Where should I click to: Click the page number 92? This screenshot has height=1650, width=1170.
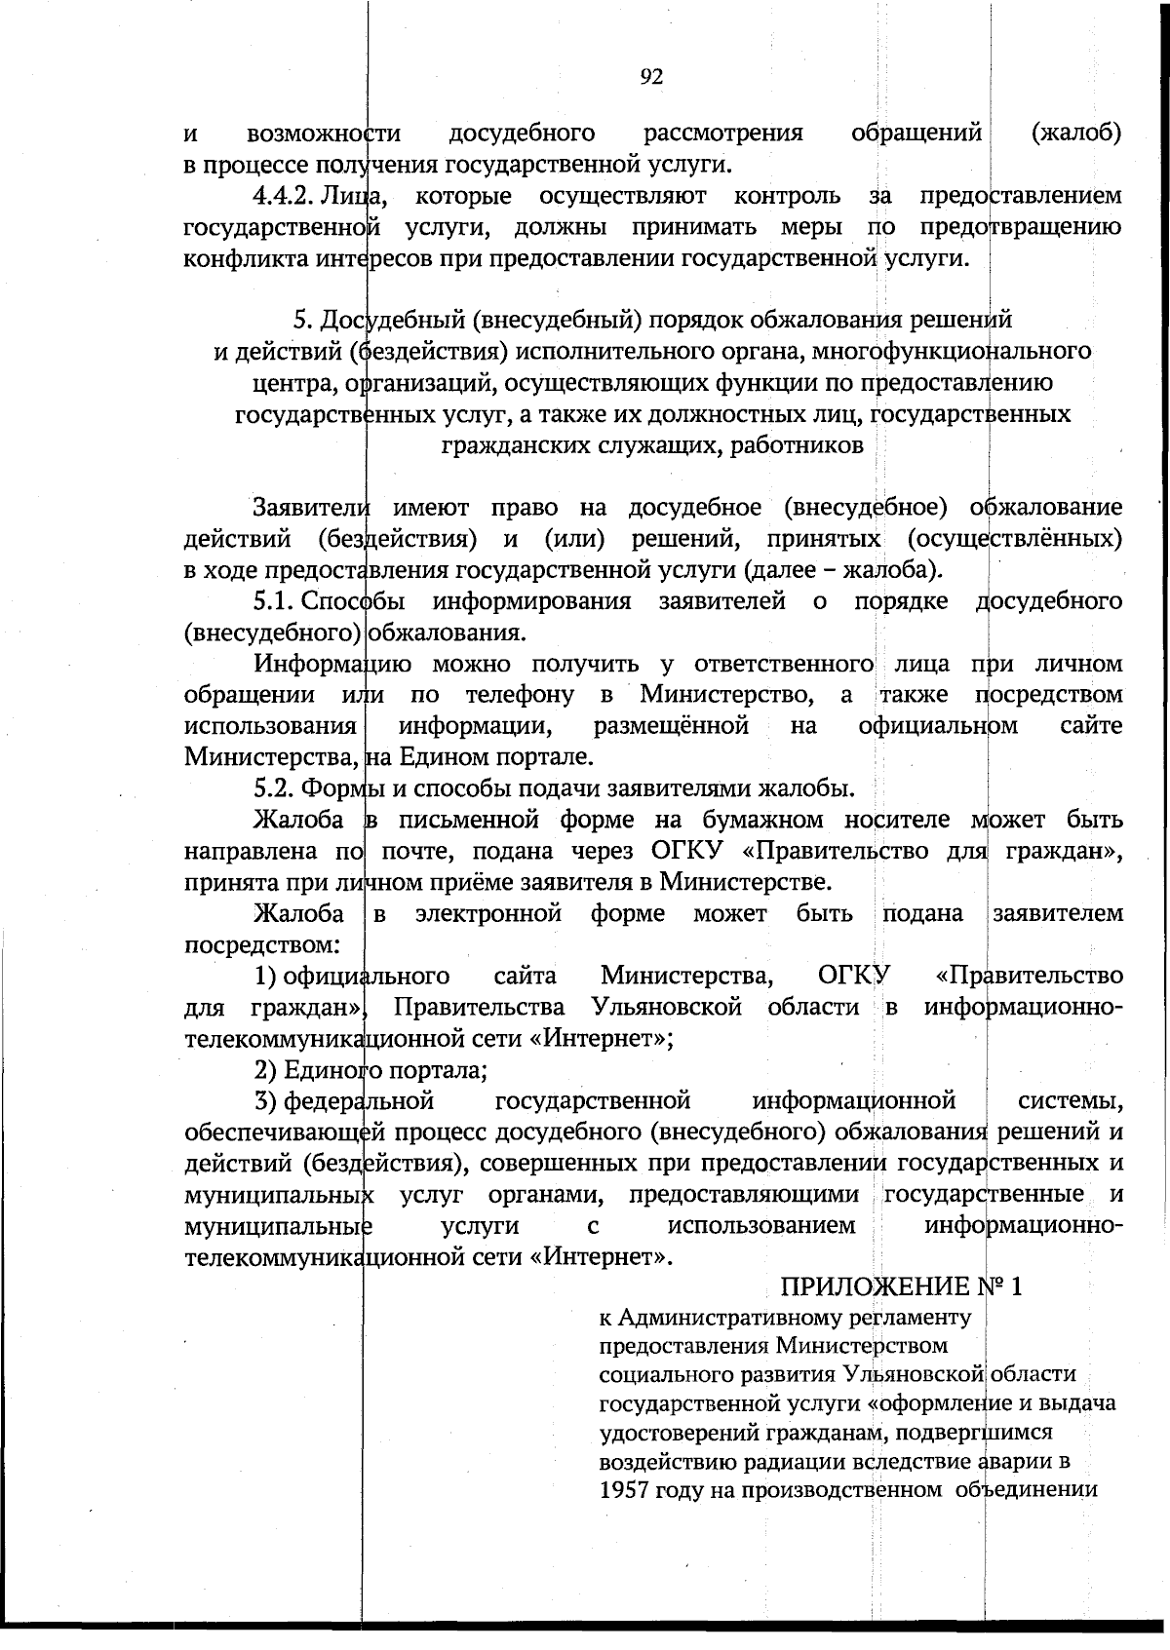point(652,77)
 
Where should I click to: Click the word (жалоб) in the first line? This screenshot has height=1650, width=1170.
point(1075,133)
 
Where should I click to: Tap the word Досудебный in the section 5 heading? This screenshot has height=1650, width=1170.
point(384,320)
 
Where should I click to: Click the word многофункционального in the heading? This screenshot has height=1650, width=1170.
point(952,351)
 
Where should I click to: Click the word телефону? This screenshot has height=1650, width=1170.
point(520,696)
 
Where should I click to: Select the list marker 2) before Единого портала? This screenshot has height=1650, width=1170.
point(265,1069)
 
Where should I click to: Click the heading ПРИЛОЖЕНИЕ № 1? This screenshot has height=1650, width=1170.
point(904,1287)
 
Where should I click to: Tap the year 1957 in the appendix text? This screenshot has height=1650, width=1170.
point(625,1490)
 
